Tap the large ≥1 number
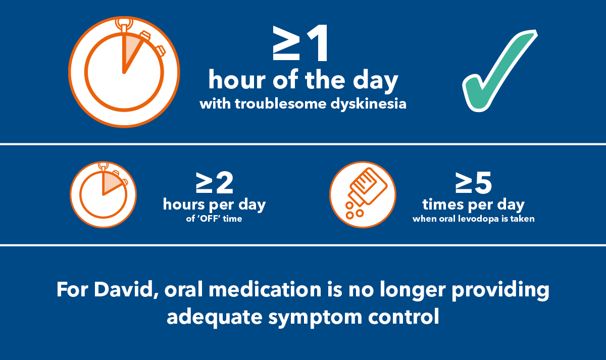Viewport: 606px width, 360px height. pos(300,43)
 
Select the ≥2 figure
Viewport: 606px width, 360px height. pos(215,182)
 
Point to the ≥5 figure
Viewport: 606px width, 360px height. pos(474,182)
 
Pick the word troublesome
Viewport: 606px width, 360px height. pos(281,104)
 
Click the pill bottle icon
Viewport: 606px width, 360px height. pos(363,194)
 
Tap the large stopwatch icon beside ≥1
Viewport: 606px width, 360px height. pos(124,72)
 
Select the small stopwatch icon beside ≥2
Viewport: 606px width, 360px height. pos(103,194)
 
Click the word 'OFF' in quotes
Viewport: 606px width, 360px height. pos(210,219)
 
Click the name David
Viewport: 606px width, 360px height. pos(126,290)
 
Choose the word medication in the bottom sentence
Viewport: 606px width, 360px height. pos(265,290)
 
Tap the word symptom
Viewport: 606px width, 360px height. pos(315,318)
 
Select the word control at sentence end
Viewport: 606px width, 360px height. pos(403,317)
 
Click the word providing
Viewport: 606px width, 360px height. pos(500,290)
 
